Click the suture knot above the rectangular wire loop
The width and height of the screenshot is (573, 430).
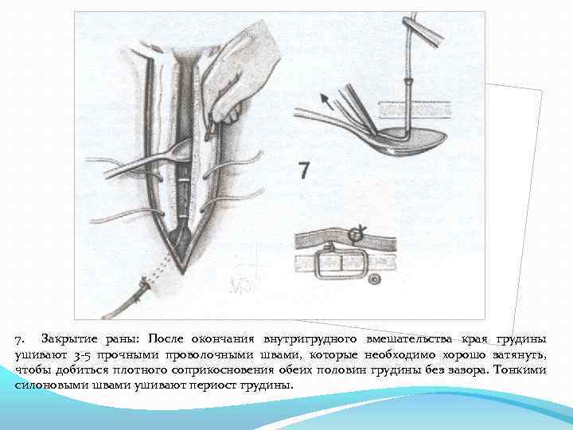point(357,233)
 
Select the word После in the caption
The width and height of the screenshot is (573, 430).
point(168,338)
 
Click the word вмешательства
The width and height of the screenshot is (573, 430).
point(410,338)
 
